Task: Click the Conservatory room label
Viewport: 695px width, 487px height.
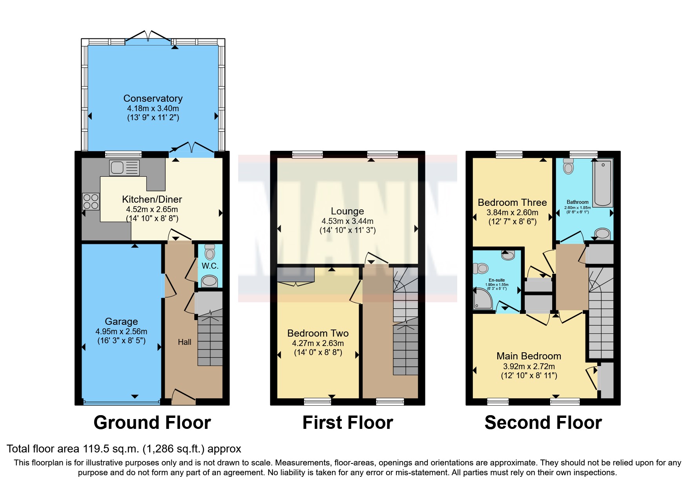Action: (153, 98)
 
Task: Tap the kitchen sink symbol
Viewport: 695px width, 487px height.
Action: (124, 168)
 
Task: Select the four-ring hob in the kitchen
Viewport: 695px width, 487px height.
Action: (91, 202)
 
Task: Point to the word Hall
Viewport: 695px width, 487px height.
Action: (184, 342)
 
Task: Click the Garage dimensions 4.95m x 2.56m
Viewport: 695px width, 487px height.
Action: (121, 331)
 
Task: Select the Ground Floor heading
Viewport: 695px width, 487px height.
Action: (152, 423)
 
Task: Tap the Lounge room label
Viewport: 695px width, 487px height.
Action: (347, 211)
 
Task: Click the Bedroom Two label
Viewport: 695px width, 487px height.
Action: (318, 333)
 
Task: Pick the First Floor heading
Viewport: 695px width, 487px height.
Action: (348, 423)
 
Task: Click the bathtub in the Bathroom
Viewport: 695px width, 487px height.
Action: (602, 183)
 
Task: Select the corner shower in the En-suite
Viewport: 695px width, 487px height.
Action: (482, 299)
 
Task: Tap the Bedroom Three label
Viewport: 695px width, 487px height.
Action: (512, 203)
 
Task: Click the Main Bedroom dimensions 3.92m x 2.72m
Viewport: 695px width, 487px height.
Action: (529, 366)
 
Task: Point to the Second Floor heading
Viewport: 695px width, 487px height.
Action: (543, 423)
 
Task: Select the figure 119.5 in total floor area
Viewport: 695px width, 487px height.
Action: (97, 449)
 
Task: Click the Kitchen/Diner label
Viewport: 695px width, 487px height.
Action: (152, 199)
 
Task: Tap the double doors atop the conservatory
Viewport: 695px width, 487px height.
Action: (148, 36)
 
